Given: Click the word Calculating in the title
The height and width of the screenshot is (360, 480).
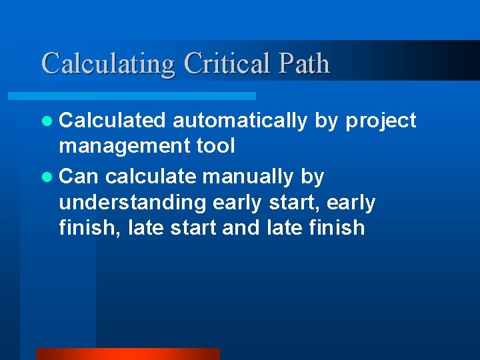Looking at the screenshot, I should pyautogui.click(x=108, y=64).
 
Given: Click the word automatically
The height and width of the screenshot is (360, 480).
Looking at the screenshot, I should pyautogui.click(x=240, y=121).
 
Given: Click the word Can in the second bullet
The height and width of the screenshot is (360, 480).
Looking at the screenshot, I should pyautogui.click(x=79, y=177).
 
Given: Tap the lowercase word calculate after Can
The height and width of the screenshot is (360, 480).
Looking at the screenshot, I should pyautogui.click(x=151, y=177).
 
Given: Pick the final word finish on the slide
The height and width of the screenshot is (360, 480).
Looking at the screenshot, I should pyautogui.click(x=337, y=227).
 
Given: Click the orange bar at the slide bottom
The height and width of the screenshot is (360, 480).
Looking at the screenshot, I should pyautogui.click(x=127, y=354).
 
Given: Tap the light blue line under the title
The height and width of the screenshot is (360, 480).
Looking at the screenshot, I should pyautogui.click(x=147, y=96).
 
